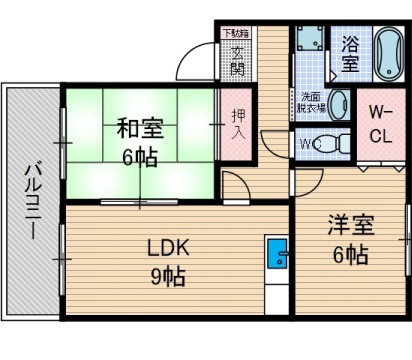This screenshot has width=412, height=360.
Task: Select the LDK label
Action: pyautogui.click(x=168, y=249)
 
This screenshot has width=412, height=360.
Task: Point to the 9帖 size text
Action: pyautogui.click(x=168, y=275)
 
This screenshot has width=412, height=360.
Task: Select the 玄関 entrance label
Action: pyautogui.click(x=237, y=58)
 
